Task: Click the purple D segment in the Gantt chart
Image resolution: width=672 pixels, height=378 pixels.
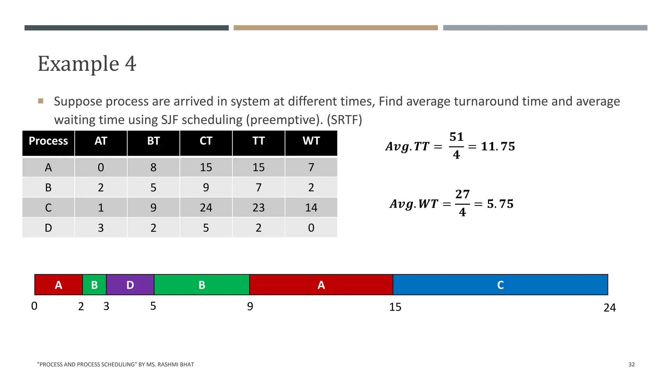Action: click(x=130, y=285)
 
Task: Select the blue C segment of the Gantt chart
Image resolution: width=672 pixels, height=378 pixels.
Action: click(x=500, y=285)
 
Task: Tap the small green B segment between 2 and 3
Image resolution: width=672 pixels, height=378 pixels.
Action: click(x=94, y=285)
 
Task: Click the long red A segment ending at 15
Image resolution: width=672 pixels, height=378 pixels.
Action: click(x=321, y=285)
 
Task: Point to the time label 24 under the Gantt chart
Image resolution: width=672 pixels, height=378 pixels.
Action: click(x=610, y=308)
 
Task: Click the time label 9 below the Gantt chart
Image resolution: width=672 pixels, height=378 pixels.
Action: click(x=250, y=306)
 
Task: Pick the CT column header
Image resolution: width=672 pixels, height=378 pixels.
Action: click(x=206, y=141)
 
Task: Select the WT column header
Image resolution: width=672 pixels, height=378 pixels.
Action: click(x=311, y=141)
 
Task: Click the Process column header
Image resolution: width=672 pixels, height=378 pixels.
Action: click(x=48, y=141)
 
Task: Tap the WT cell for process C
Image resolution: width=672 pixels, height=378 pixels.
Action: click(x=311, y=208)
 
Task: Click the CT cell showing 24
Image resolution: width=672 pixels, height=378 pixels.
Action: click(x=206, y=208)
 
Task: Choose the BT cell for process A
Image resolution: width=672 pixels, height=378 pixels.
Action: click(x=153, y=168)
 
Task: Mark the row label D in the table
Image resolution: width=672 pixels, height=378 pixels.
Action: click(x=48, y=228)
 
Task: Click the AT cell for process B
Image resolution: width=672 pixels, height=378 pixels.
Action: click(x=101, y=188)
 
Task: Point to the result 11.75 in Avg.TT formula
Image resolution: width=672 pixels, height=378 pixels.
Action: click(x=498, y=146)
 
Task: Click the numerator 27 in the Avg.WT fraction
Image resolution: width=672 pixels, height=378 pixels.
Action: click(x=462, y=194)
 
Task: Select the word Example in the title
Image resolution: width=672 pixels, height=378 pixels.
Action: click(x=78, y=64)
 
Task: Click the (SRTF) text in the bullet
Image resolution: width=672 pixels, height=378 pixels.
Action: click(x=344, y=120)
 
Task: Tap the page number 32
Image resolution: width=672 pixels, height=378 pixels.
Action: click(x=631, y=365)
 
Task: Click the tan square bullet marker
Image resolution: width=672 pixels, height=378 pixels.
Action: click(x=41, y=101)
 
